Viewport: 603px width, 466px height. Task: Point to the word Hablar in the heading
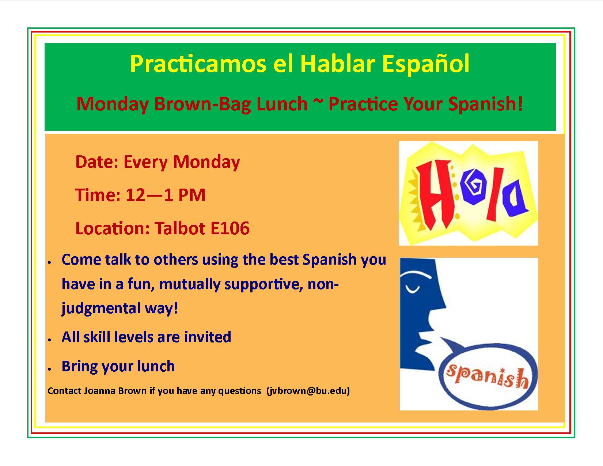338,64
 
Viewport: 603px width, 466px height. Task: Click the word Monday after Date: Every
206,162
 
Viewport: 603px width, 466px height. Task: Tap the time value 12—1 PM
166,195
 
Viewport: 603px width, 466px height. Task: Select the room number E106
230,228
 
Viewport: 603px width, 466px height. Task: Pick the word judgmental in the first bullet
101,308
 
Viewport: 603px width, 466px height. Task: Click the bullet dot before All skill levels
49,340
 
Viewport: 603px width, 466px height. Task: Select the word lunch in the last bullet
156,366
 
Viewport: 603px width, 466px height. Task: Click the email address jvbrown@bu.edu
308,391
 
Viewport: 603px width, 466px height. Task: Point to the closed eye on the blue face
412,289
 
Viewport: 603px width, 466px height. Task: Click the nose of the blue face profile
441,305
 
